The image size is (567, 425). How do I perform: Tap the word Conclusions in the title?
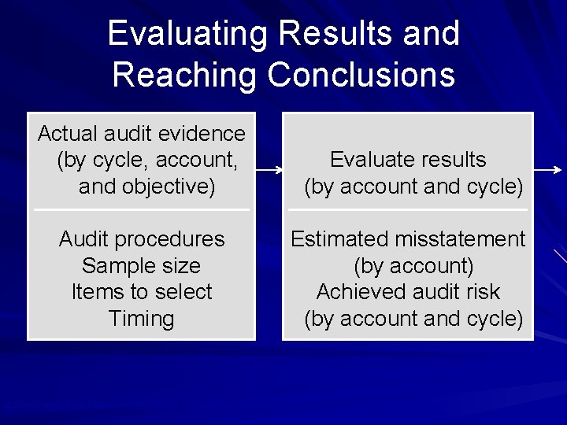click(x=361, y=76)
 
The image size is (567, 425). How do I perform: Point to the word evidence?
click(x=208, y=134)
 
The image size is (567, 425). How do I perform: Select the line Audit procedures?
click(x=142, y=239)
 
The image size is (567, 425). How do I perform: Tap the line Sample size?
click(x=142, y=266)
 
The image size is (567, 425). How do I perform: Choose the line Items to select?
click(x=142, y=292)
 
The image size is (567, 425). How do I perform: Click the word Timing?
click(x=142, y=319)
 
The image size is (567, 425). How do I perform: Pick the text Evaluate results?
click(x=408, y=160)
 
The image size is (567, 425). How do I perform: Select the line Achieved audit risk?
click(x=408, y=292)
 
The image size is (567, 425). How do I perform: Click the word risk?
click(x=482, y=292)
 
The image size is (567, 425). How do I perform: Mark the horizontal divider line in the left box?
click(x=142, y=210)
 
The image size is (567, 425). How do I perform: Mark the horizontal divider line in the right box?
click(x=408, y=210)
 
